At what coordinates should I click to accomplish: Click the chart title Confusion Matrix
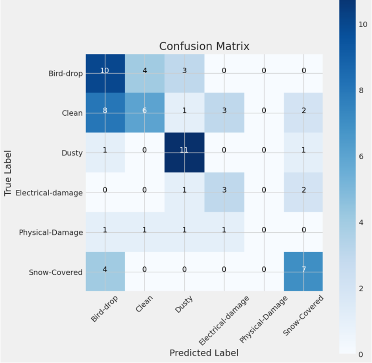pyautogui.click(x=204, y=46)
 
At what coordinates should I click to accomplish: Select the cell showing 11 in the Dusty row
pyautogui.click(x=184, y=152)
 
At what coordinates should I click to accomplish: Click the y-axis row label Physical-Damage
pyautogui.click(x=51, y=232)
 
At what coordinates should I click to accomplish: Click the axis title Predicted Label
pyautogui.click(x=204, y=353)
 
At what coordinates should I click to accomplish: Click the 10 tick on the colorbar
pyautogui.click(x=363, y=24)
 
